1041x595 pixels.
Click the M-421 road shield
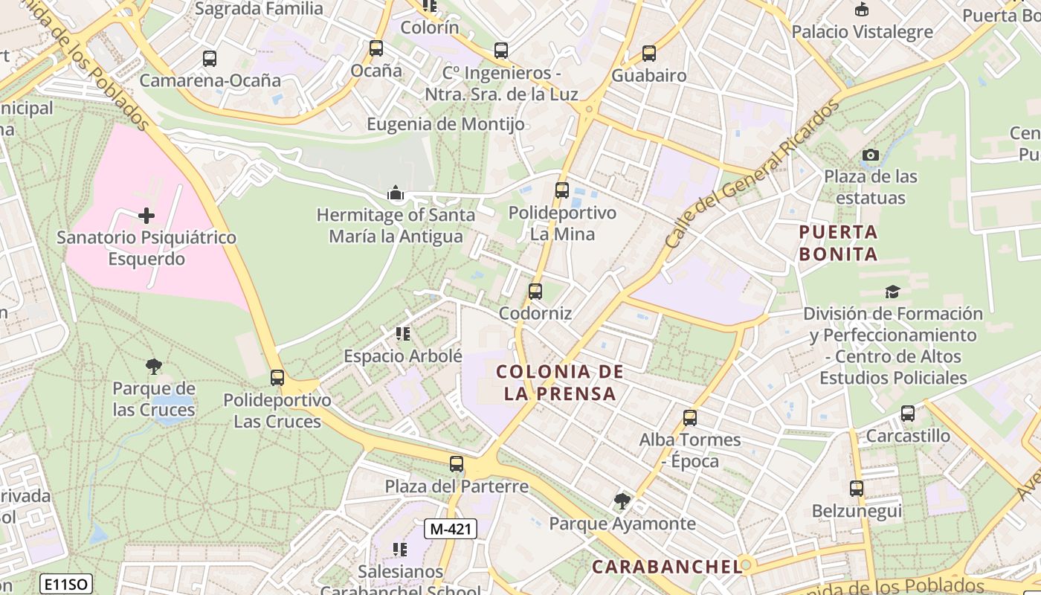point(450,529)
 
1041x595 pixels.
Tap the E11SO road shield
point(66,584)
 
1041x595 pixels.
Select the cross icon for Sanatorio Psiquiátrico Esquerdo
point(146,216)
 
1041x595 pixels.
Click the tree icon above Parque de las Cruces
point(154,366)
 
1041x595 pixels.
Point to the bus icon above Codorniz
point(535,292)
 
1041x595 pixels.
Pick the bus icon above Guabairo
point(649,54)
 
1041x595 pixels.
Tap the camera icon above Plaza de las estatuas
point(870,155)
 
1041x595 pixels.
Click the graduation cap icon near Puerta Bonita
point(892,292)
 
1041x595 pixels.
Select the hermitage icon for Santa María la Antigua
point(395,194)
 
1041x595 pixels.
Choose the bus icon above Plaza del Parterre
point(457,464)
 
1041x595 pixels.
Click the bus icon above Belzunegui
point(857,489)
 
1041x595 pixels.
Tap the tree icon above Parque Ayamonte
point(622,501)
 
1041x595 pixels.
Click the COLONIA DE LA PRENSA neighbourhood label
point(560,382)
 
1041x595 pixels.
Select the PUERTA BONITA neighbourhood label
point(838,243)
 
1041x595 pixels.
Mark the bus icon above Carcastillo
point(907,414)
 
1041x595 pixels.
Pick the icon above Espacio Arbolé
point(403,334)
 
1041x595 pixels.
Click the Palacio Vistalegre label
point(862,32)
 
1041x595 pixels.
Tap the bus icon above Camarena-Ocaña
point(210,58)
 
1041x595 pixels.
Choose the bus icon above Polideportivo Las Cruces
point(277,378)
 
